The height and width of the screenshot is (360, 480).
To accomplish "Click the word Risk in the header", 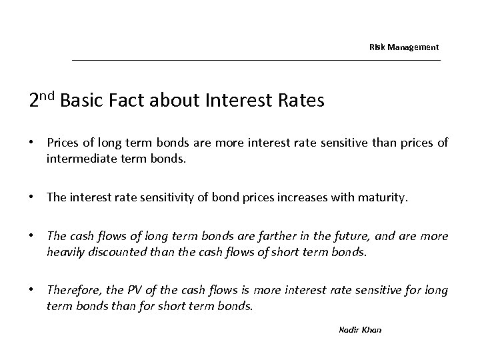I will coord(377,47).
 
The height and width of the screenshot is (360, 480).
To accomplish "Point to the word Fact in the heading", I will coord(131,101).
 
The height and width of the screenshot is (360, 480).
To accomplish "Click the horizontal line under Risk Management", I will coord(256,61).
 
